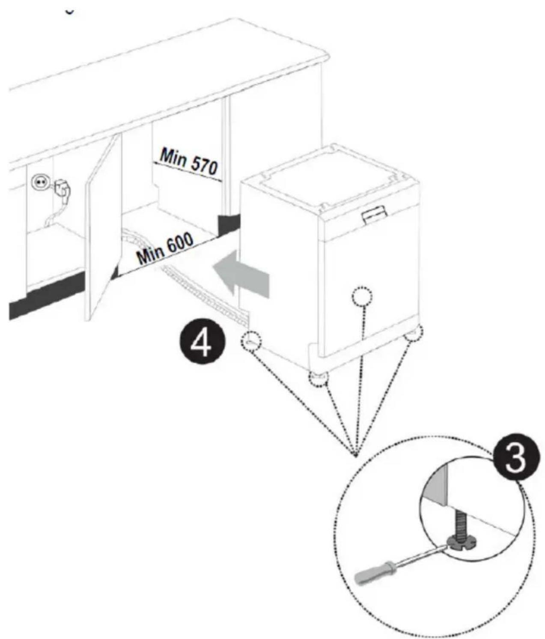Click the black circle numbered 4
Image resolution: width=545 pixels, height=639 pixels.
click(203, 343)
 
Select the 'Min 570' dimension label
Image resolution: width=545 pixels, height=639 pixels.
click(188, 163)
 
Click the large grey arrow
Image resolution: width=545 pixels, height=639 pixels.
click(242, 272)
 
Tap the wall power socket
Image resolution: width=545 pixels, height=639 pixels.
click(39, 183)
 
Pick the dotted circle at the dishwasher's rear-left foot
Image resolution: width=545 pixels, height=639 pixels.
click(251, 341)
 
